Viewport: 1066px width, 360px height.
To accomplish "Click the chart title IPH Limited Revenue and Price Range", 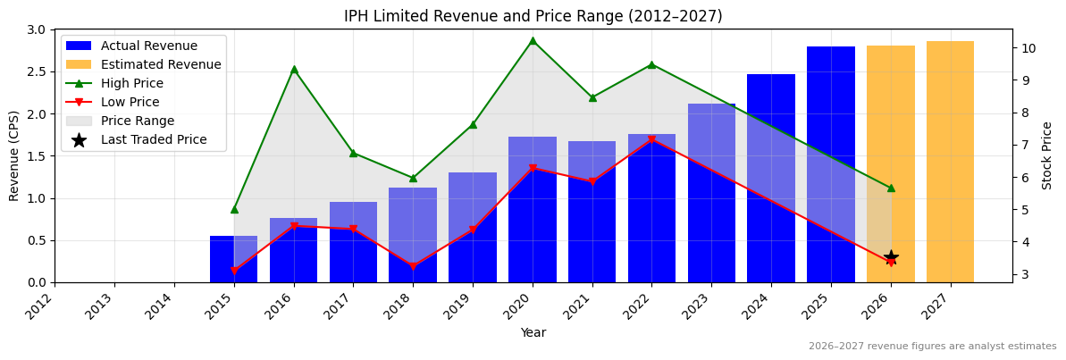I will [533, 16].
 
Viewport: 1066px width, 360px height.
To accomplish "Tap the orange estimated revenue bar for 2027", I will [950, 162].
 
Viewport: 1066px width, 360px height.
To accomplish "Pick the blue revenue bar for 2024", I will [770, 178].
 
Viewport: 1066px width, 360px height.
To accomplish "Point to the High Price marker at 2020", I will [533, 40].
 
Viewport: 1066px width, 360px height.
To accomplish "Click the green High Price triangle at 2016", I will [294, 69].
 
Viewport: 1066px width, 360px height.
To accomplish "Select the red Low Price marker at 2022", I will [651, 139].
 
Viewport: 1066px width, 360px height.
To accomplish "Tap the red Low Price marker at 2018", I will [413, 266].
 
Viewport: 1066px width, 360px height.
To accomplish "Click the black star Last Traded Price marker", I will [891, 258].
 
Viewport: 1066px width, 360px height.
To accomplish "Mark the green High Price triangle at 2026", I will [891, 188].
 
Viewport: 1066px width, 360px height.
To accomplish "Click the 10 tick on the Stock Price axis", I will [1027, 48].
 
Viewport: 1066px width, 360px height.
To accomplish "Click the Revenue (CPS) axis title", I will [14, 155].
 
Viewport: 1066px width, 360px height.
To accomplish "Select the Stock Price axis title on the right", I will [1047, 155].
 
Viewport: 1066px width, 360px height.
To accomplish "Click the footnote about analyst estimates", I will [932, 347].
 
